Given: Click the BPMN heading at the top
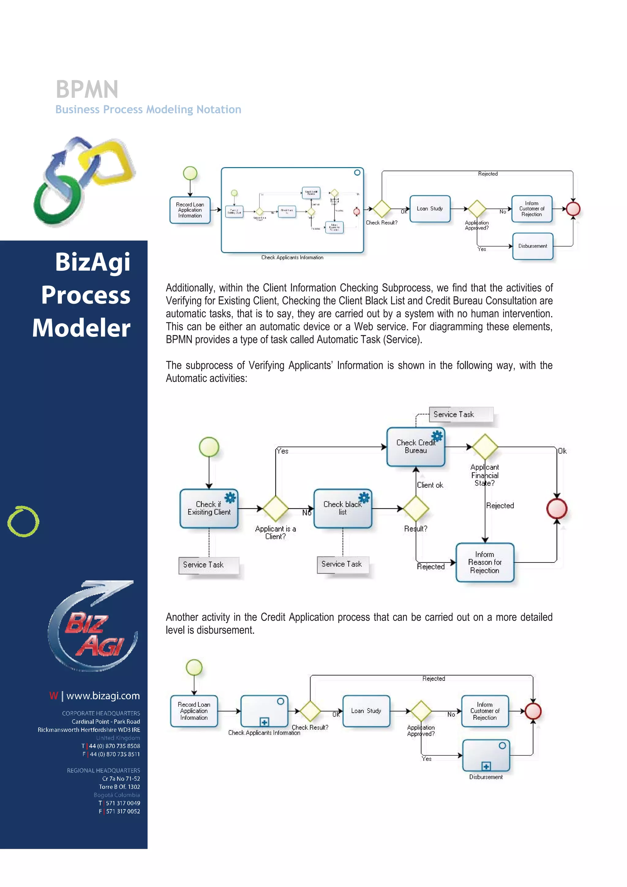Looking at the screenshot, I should (x=87, y=90).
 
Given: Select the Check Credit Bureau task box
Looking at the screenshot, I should (x=416, y=447).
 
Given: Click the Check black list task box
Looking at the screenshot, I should (x=343, y=508).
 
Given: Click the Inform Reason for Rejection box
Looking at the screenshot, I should (x=485, y=562).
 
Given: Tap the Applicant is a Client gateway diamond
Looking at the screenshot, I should (x=276, y=508).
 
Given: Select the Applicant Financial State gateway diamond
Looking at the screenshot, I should (x=485, y=447).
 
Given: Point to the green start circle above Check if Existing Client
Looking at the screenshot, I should (x=209, y=447).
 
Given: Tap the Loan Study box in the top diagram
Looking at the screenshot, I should (x=430, y=209).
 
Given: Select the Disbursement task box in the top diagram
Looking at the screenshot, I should (x=533, y=246).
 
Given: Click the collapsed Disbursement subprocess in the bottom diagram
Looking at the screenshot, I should (x=486, y=756).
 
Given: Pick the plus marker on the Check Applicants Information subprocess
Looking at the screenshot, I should (x=264, y=722).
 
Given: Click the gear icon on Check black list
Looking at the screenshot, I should (x=364, y=498).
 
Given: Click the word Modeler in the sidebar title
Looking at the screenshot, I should (x=81, y=328).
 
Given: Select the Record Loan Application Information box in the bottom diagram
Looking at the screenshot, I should (x=194, y=711).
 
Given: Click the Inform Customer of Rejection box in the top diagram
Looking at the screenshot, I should (x=531, y=209).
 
